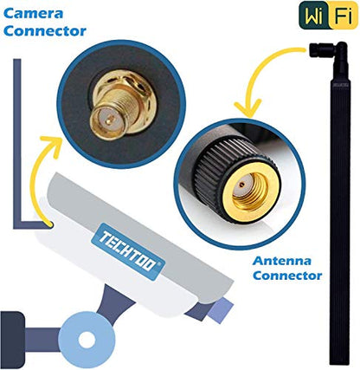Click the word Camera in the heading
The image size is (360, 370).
[x=33, y=13]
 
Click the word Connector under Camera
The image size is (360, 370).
[x=45, y=31]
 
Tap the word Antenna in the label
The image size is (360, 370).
[x=282, y=261]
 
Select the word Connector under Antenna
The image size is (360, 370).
[x=287, y=276]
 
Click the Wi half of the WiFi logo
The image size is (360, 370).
[x=315, y=15]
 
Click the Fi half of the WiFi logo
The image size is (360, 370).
[x=344, y=15]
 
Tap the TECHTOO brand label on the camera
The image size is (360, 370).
[x=128, y=251]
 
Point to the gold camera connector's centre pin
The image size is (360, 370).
[x=108, y=121]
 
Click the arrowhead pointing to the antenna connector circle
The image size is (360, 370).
[x=247, y=108]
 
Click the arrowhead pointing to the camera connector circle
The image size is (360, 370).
[x=54, y=146]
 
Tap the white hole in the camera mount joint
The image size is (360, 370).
[x=87, y=340]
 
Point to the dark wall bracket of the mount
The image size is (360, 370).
[x=11, y=341]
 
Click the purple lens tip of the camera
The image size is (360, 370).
[x=221, y=310]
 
